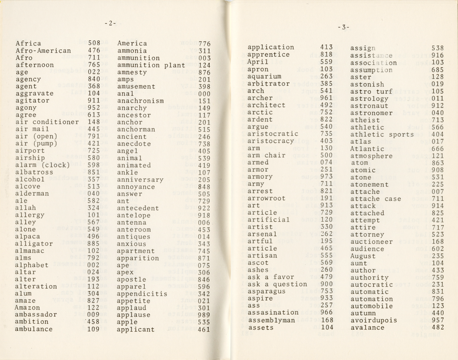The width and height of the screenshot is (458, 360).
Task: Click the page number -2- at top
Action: pyautogui.click(x=110, y=23)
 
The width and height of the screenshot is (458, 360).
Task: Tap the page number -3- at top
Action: pyautogui.click(x=343, y=27)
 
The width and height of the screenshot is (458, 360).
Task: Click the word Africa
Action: pyautogui.click(x=28, y=44)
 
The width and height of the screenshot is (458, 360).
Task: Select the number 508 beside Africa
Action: pyautogui.click(x=94, y=44)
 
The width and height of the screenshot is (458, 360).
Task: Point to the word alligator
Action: pyautogui.click(x=34, y=244)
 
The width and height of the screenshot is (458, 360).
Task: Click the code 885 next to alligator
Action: pyautogui.click(x=93, y=244)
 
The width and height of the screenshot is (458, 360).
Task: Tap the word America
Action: pyautogui.click(x=132, y=44)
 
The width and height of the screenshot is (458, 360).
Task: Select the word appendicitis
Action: pyautogui.click(x=142, y=294)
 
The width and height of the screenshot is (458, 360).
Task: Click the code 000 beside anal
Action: pyautogui.click(x=204, y=93)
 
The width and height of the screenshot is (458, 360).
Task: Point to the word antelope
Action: pyautogui.click(x=134, y=215)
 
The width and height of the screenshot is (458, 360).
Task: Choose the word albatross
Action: pyautogui.click(x=34, y=172)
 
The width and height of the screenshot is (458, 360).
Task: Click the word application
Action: pyautogui.click(x=271, y=47)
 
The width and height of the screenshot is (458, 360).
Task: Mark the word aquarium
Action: pyautogui.click(x=264, y=76)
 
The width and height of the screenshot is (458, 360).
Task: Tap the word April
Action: pyautogui.click(x=257, y=62)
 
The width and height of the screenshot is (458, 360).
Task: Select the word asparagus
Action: pyautogui.click(x=266, y=291)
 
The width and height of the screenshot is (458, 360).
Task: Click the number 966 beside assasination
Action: pyautogui.click(x=327, y=313)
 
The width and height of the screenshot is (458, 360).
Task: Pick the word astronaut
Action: pyautogui.click(x=369, y=106)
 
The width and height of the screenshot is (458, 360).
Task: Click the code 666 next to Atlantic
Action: pyautogui.click(x=437, y=149)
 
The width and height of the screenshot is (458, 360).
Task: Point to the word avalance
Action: pyautogui.click(x=367, y=327)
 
